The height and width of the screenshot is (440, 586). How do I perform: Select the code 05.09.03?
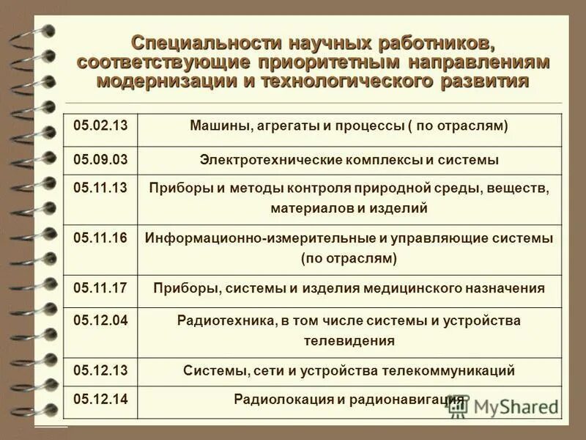tap(101, 158)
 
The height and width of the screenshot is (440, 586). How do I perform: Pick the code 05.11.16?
tap(101, 238)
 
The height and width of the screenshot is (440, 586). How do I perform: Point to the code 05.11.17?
tap(101, 287)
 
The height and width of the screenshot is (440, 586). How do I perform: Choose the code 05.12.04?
tap(101, 320)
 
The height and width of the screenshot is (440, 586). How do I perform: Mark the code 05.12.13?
tap(101, 371)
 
